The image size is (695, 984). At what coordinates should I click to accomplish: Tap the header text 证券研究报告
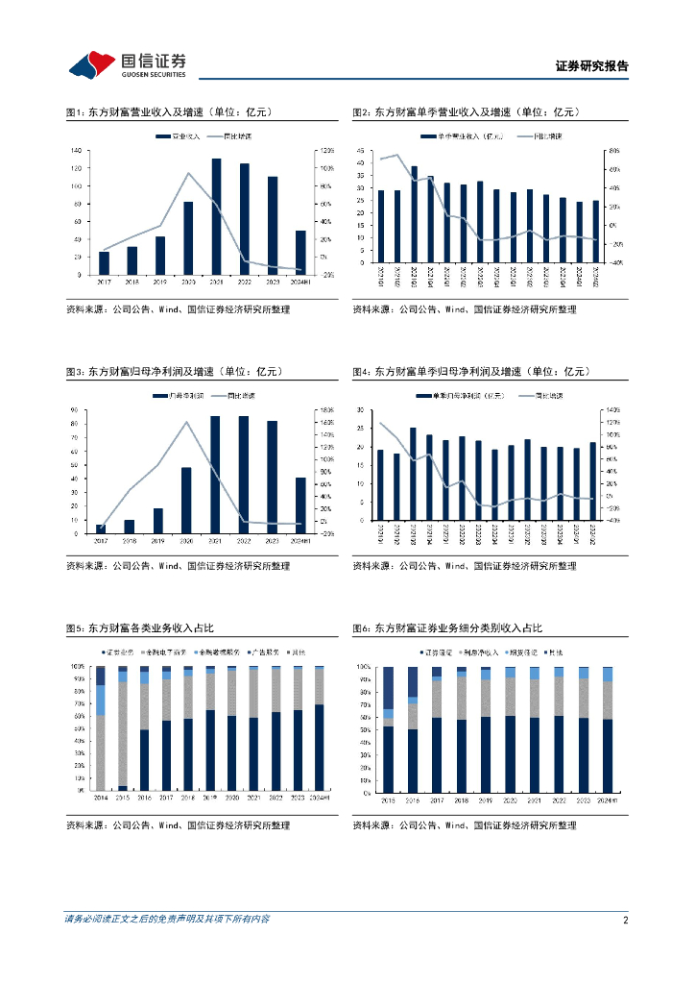pos(592,66)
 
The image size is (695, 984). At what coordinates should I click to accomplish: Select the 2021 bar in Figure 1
pos(216,216)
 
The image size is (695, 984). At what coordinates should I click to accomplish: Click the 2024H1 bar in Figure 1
pos(300,253)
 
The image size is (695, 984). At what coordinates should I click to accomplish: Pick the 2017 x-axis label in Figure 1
pos(104,283)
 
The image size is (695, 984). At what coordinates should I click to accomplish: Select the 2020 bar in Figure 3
pos(187,500)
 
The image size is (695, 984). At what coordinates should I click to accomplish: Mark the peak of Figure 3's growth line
pos(187,422)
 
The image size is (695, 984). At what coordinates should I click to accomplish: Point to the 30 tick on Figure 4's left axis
pos(359,410)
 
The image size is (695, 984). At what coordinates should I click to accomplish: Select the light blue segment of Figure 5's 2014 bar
pos(100,700)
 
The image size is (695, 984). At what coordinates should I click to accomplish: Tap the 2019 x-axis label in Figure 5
pos(211,798)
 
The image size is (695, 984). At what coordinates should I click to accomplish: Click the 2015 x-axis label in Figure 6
pos(388,799)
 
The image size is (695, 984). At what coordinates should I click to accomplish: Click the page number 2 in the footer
pos(625,921)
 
